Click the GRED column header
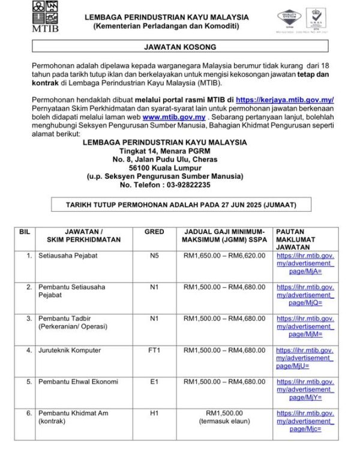154,231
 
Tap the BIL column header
25,231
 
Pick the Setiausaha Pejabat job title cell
68,255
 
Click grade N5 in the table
154,255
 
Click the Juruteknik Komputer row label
70,350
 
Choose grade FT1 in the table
154,350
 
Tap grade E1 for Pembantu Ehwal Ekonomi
154,382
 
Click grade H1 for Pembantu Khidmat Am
154,413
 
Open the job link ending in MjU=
305,358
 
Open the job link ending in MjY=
305,389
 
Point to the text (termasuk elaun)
224,421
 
